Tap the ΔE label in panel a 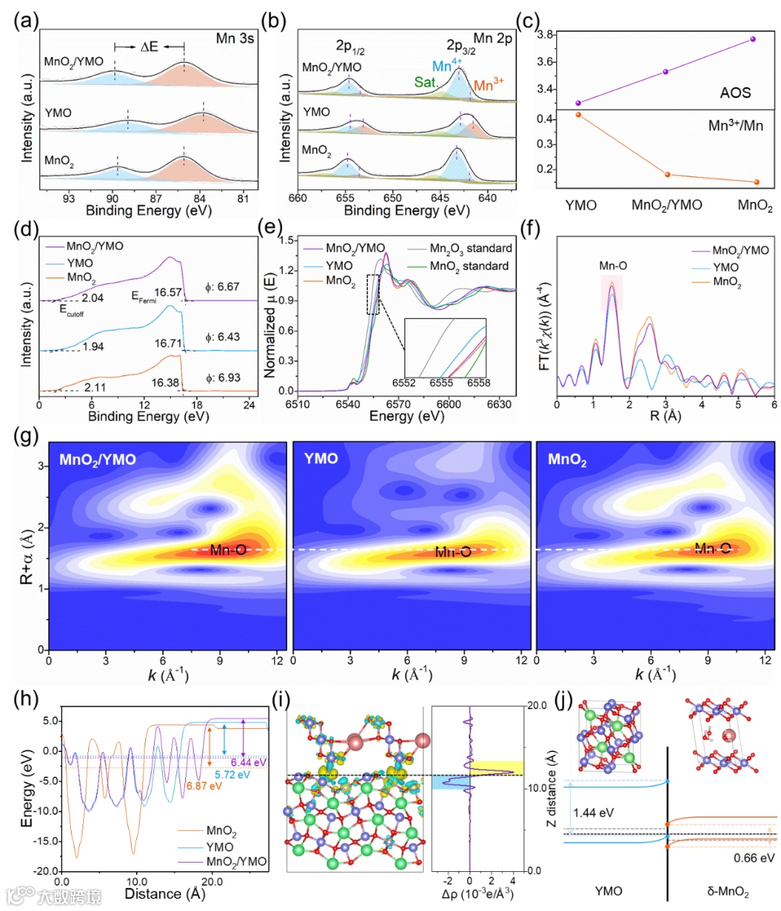coord(149,47)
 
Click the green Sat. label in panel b coord(426,82)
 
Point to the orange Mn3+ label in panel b coord(489,85)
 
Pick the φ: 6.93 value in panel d coord(222,378)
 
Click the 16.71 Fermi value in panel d coord(168,343)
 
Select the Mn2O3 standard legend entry coord(471,249)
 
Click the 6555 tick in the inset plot coord(441,383)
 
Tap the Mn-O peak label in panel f coord(613,266)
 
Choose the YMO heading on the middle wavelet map coord(321,459)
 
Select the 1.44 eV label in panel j coord(593,813)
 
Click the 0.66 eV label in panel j coord(754,858)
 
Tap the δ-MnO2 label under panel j coord(727,891)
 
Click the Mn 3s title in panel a coord(235,38)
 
